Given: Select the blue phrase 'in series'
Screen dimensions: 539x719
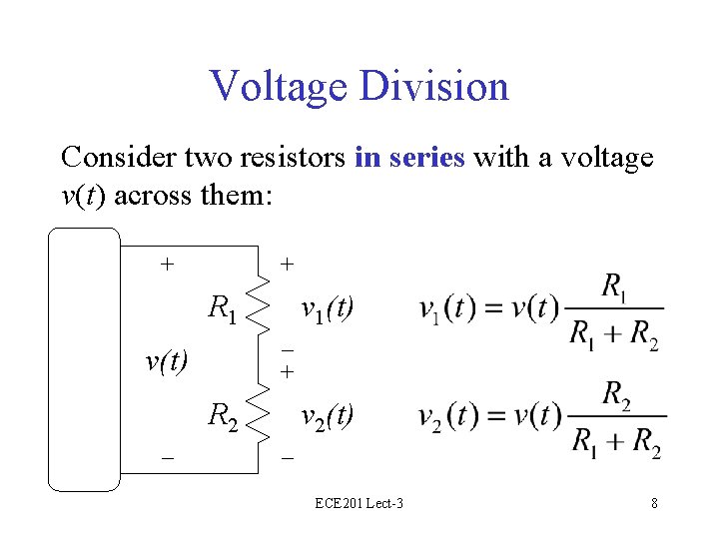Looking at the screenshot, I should point(409,158).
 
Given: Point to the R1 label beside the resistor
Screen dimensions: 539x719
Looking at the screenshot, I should point(222,308).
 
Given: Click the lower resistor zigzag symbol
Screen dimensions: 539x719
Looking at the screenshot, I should point(259,412).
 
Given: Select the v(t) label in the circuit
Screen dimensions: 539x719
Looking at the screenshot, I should point(168,359).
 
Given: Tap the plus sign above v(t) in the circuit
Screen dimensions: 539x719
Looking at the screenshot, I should point(168,265).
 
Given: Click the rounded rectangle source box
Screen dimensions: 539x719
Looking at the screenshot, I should point(84,359).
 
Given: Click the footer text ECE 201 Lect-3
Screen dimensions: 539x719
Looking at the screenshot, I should point(359,503).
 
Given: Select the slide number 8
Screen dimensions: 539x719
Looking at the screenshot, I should point(654,503).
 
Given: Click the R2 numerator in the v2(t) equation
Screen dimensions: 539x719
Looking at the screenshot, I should point(616,393).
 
